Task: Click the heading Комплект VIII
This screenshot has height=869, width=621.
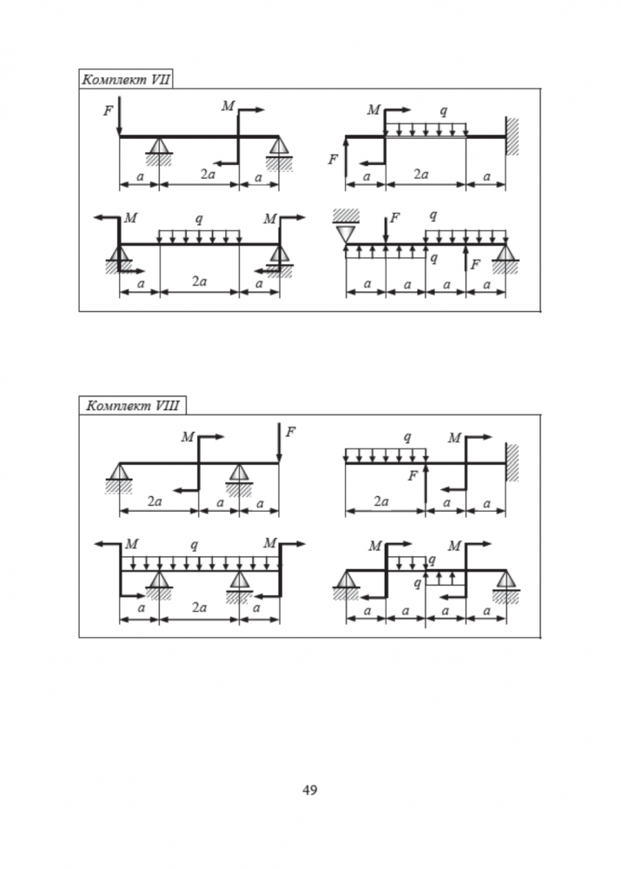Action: tap(129, 406)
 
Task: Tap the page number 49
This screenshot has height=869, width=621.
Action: tap(310, 790)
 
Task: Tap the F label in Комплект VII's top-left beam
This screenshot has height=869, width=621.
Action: tap(108, 111)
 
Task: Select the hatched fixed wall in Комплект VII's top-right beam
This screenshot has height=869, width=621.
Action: tap(512, 136)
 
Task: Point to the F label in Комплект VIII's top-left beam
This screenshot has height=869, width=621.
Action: tap(290, 431)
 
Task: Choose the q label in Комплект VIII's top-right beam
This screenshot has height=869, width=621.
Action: tap(407, 436)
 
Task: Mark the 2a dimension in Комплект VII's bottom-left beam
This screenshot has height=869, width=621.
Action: tap(199, 282)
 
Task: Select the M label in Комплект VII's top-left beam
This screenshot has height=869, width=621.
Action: tap(228, 106)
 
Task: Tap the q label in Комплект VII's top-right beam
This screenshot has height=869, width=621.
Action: tap(445, 111)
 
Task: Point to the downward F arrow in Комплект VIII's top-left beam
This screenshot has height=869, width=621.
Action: tap(279, 443)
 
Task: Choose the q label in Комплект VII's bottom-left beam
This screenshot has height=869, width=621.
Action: tap(199, 219)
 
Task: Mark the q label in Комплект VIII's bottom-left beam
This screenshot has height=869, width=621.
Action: tap(195, 545)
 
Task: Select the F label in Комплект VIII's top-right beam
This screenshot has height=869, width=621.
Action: tap(414, 475)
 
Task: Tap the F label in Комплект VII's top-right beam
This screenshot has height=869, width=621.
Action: tap(333, 160)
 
